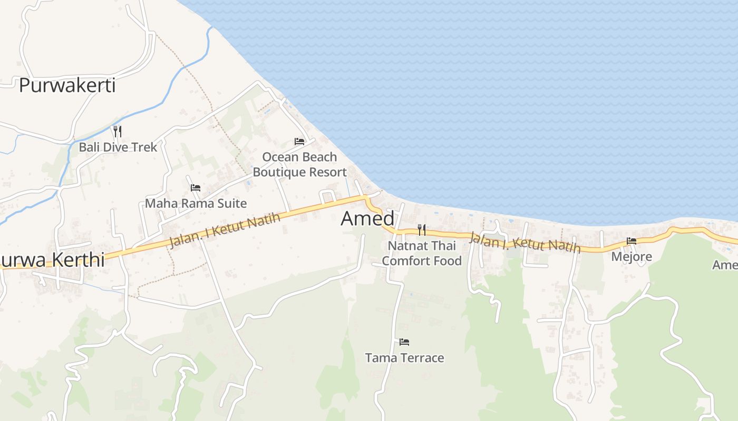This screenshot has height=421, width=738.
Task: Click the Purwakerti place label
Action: [67, 85]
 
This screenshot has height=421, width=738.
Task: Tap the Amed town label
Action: [367, 218]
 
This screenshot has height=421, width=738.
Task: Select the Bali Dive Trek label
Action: [118, 147]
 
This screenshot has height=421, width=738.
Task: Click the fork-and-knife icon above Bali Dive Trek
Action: [118, 131]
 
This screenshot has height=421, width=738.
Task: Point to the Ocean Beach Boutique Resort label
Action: [299, 164]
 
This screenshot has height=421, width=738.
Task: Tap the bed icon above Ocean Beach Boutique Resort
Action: [299, 142]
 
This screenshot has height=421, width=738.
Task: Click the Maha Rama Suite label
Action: [196, 203]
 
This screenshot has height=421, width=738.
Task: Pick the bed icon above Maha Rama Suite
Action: [196, 187]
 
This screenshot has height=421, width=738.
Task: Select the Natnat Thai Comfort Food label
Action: [422, 253]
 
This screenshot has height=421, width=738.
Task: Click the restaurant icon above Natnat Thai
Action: [421, 230]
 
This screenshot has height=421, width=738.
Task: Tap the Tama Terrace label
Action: [404, 358]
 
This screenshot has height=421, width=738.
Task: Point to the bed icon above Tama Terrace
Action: [404, 342]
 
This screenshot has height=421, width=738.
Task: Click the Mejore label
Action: [632, 257]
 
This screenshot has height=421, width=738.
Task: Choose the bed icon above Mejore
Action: [632, 241]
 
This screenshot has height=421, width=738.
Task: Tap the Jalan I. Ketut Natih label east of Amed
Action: [524, 242]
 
